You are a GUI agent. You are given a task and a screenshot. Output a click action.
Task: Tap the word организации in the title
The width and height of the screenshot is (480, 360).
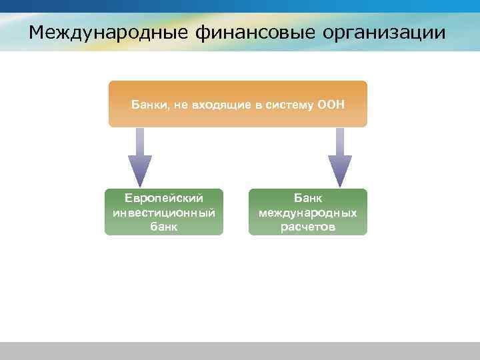(387, 32)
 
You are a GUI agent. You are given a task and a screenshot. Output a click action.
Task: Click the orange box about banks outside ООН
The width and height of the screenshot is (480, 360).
(238, 104)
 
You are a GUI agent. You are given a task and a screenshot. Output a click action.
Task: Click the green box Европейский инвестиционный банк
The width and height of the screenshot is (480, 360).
(164, 212)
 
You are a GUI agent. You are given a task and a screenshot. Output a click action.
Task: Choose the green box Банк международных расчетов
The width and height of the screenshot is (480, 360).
(308, 212)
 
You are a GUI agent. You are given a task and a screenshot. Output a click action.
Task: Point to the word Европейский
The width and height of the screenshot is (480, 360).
(164, 198)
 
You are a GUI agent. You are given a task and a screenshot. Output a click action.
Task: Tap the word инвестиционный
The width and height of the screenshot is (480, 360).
(164, 213)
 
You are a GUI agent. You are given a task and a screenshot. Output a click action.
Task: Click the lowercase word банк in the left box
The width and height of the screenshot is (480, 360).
(164, 227)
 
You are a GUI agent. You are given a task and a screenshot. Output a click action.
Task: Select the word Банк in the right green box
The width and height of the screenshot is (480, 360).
(308, 198)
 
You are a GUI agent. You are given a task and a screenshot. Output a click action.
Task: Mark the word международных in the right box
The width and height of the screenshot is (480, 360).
(308, 213)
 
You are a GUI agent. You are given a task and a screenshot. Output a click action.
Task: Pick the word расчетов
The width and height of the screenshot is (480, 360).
(308, 227)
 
